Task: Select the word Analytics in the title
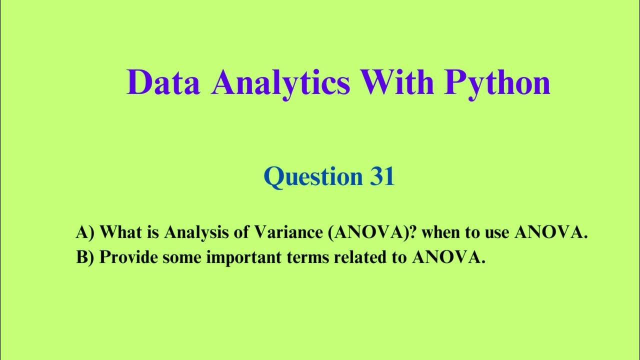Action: pos(280,82)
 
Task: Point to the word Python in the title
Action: pos(497,83)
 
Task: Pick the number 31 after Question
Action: pos(382,176)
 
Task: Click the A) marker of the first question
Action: pos(85,232)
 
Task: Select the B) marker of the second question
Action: pos(85,257)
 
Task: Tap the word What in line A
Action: pos(119,232)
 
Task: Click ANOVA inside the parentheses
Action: pos(367,232)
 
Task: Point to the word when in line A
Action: pos(442,232)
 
